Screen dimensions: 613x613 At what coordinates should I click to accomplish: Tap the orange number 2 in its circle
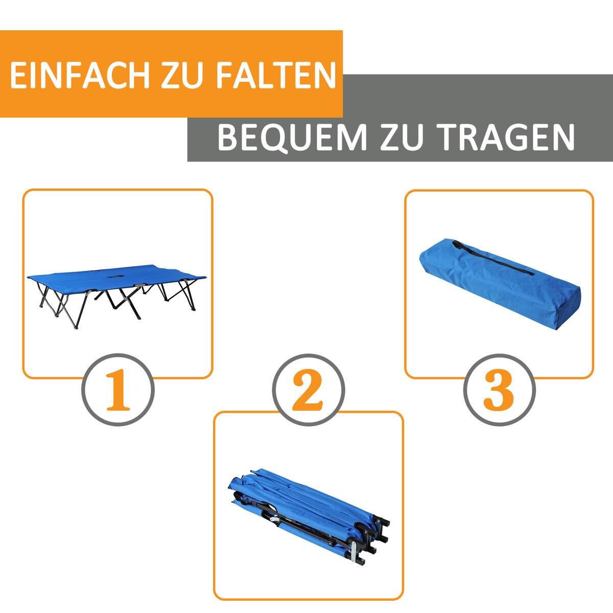pos(308,390)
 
